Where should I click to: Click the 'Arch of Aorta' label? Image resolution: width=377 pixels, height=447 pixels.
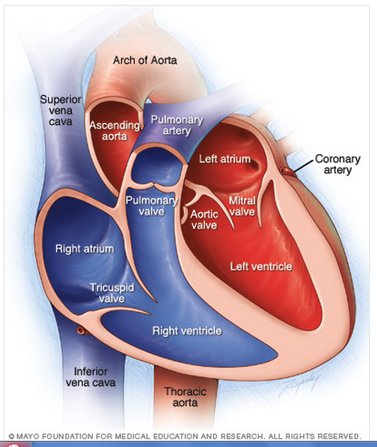coord(145,60)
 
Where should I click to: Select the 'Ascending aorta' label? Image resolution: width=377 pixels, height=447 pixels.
coord(114,130)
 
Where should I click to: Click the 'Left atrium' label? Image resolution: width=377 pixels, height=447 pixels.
coord(225,159)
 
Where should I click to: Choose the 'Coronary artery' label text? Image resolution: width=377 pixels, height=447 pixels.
coord(337,164)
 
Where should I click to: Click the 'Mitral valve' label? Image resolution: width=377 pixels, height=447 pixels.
coord(241,205)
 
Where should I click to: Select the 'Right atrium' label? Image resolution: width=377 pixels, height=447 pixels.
coord(85,248)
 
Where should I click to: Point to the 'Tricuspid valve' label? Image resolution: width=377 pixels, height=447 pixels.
coord(111,292)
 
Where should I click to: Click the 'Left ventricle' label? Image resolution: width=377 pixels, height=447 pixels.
coord(261,266)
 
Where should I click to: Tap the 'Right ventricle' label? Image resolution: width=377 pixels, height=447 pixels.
coord(187,331)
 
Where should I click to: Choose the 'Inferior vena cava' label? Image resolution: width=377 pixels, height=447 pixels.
coord(91,377)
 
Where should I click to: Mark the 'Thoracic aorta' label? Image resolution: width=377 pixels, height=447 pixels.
coord(185,397)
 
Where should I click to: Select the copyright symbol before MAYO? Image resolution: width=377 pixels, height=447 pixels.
coord(12,436)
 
